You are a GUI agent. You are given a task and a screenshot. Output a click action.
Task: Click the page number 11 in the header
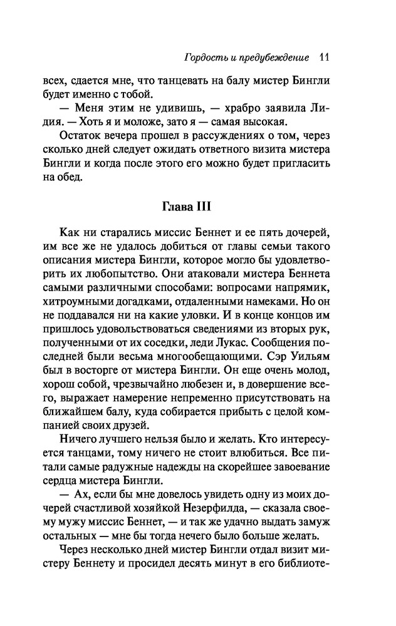[x=325, y=58]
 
